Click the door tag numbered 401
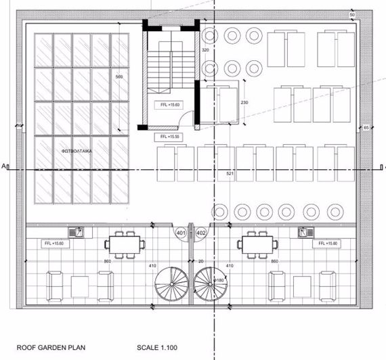coord(181,233)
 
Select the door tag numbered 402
coord(201,233)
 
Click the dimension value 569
coord(120,76)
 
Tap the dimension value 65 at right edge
coord(366,127)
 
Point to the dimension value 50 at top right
coord(352,14)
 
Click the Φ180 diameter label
coord(219,280)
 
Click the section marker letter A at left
coord(4,165)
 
